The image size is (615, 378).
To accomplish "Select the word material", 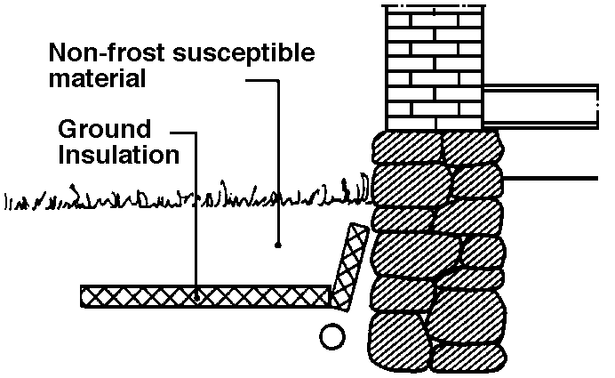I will click(x=97, y=79).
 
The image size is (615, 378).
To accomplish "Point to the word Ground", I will click(x=105, y=129).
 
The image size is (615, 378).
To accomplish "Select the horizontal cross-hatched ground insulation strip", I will click(x=204, y=295).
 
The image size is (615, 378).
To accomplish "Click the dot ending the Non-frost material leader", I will click(x=278, y=244).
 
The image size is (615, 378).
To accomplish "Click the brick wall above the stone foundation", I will click(x=433, y=67).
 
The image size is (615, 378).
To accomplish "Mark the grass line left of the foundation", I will click(x=178, y=197).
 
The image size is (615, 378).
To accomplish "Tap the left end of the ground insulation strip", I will click(x=85, y=295).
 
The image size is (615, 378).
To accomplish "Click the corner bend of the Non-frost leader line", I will click(x=278, y=79).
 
